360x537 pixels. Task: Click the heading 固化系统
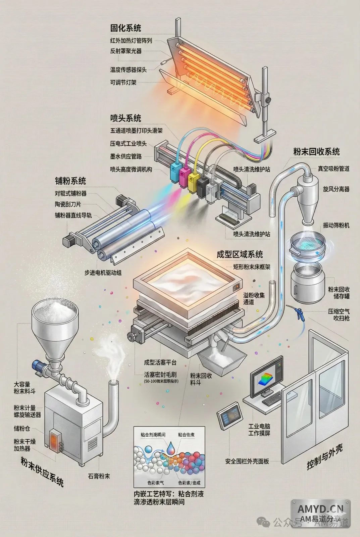(125, 28)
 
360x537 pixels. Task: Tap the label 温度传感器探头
(128, 69)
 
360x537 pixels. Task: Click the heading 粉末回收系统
(316, 152)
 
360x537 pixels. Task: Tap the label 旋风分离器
(336, 189)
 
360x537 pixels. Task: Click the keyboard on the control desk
(272, 398)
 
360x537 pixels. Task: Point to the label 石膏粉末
(99, 476)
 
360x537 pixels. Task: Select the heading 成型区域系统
(240, 254)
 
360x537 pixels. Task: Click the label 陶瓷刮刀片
(68, 204)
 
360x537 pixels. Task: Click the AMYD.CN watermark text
(320, 509)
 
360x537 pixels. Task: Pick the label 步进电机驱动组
(103, 273)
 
